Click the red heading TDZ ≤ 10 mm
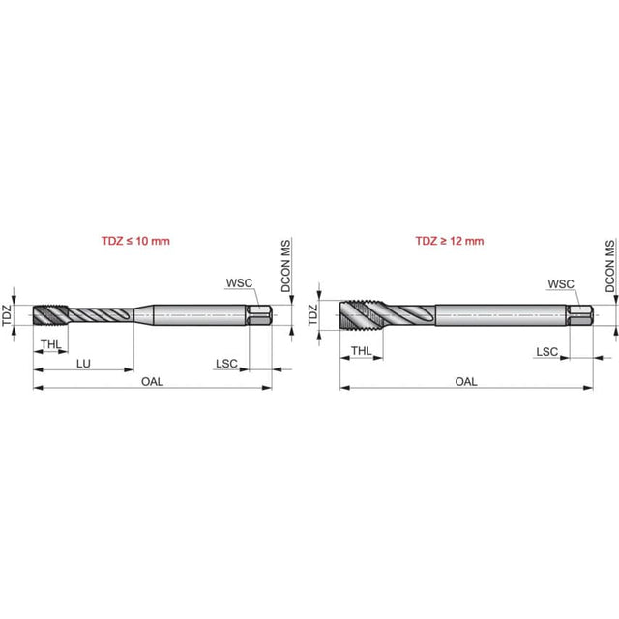[135, 241]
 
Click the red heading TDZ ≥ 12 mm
[449, 241]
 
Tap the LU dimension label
[83, 364]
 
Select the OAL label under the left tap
[152, 382]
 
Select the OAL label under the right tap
[466, 382]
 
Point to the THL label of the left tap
[51, 344]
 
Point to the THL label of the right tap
[361, 350]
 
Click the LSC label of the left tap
[226, 364]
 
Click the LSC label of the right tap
[546, 352]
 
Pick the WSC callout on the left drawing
[239, 283]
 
